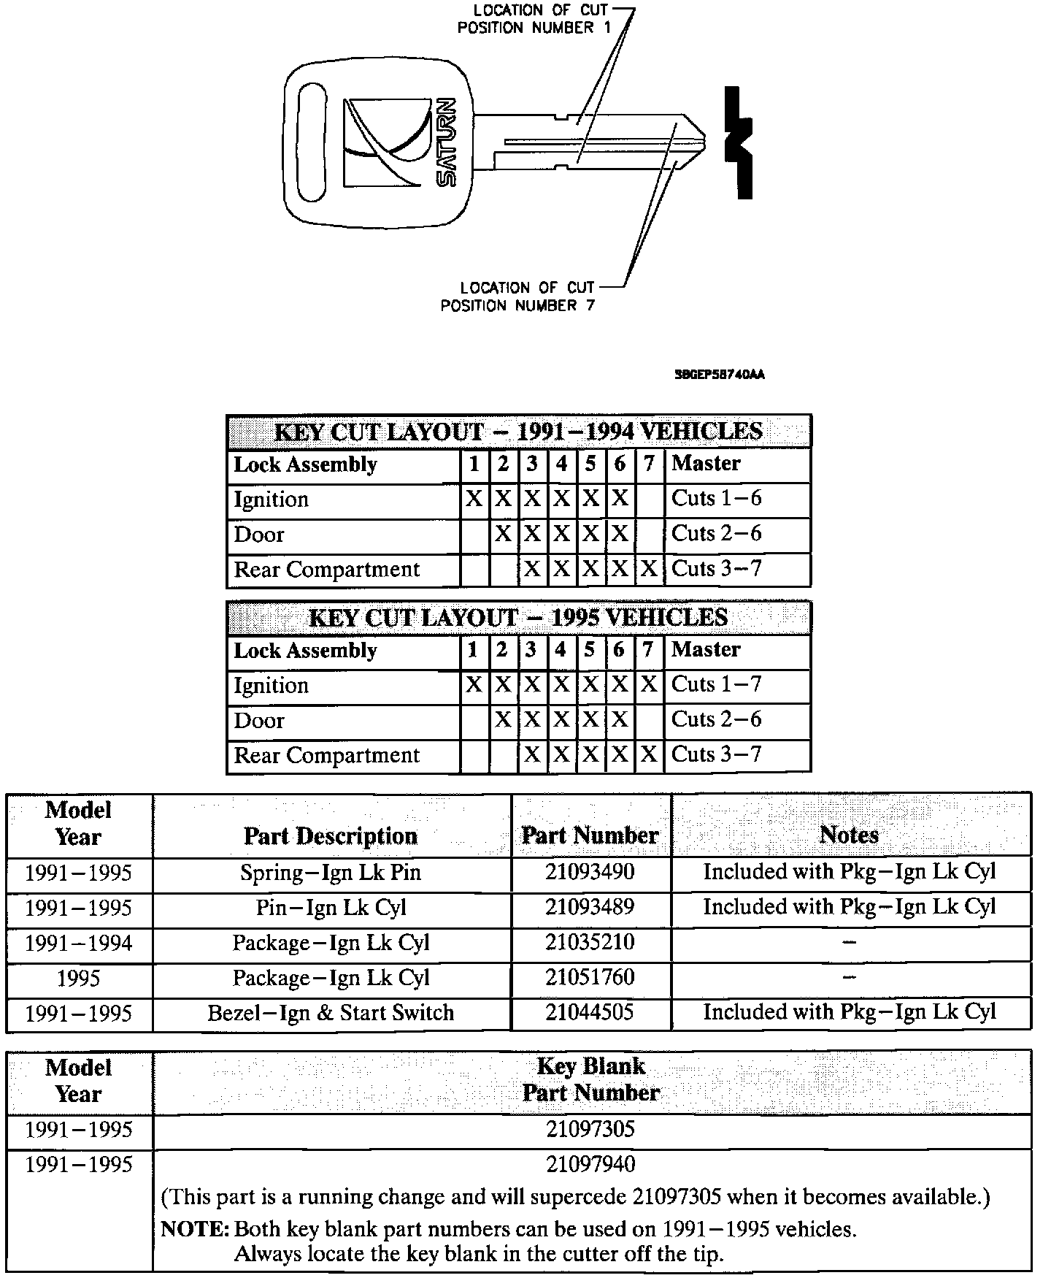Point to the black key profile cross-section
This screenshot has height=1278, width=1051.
[x=739, y=143]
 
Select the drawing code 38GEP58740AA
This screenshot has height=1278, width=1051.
[x=720, y=375]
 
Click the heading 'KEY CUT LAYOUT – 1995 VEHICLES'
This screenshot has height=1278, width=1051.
[x=518, y=618]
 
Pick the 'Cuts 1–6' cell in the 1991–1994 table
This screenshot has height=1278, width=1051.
[x=716, y=499]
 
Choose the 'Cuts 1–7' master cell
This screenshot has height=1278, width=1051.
[x=716, y=685]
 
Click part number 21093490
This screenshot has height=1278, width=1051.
[x=590, y=872]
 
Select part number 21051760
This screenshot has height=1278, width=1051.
[x=590, y=977]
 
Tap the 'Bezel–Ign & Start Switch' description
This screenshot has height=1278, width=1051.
[x=331, y=1013]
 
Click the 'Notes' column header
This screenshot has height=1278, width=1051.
[x=849, y=835]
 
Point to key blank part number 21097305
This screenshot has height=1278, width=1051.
[x=590, y=1130]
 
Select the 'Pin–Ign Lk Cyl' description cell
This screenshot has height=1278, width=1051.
[x=331, y=908]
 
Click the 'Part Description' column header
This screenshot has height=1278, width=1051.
[x=331, y=836]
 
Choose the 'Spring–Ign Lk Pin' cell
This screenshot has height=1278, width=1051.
[x=331, y=873]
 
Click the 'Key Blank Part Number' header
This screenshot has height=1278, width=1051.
[x=591, y=1079]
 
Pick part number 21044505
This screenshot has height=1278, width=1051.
[x=590, y=1012]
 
